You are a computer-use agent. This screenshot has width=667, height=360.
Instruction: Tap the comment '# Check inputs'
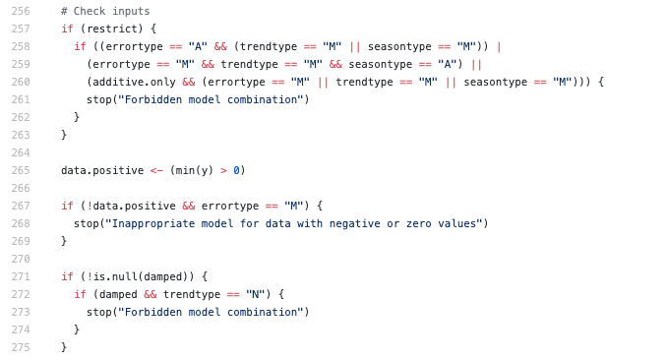click(x=105, y=10)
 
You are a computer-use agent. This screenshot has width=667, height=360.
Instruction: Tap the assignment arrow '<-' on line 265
click(x=155, y=170)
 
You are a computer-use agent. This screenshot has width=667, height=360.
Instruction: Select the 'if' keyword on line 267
click(x=67, y=206)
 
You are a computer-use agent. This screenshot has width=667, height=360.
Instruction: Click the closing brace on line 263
click(x=64, y=135)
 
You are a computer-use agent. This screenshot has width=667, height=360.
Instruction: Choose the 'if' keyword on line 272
click(x=80, y=294)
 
